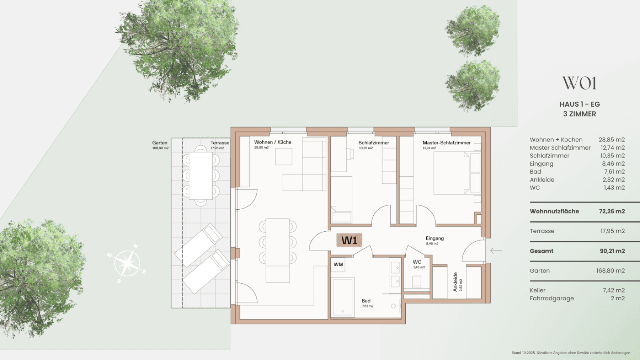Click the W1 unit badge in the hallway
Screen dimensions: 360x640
point(349,240)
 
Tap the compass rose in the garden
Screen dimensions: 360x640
point(127,263)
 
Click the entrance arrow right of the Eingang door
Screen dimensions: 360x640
point(496,251)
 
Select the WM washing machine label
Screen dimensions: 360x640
point(338,264)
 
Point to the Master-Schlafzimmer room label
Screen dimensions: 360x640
point(446,143)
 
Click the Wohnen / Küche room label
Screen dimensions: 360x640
point(273,142)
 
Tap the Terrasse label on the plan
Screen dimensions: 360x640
point(220,143)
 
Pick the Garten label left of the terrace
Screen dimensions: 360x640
point(160,143)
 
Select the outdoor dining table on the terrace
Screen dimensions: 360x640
point(201,176)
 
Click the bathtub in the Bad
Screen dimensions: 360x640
point(343,297)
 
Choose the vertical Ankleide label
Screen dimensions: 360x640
point(455,282)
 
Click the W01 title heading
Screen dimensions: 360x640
point(579,83)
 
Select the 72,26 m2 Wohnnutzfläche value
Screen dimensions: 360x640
point(612,211)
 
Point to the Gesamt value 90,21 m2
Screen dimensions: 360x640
point(612,251)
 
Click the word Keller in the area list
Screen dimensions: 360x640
point(537,290)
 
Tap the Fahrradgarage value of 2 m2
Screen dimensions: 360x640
point(618,299)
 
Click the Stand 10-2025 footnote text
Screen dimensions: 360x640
point(571,353)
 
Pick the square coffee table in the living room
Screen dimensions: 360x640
point(283,157)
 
